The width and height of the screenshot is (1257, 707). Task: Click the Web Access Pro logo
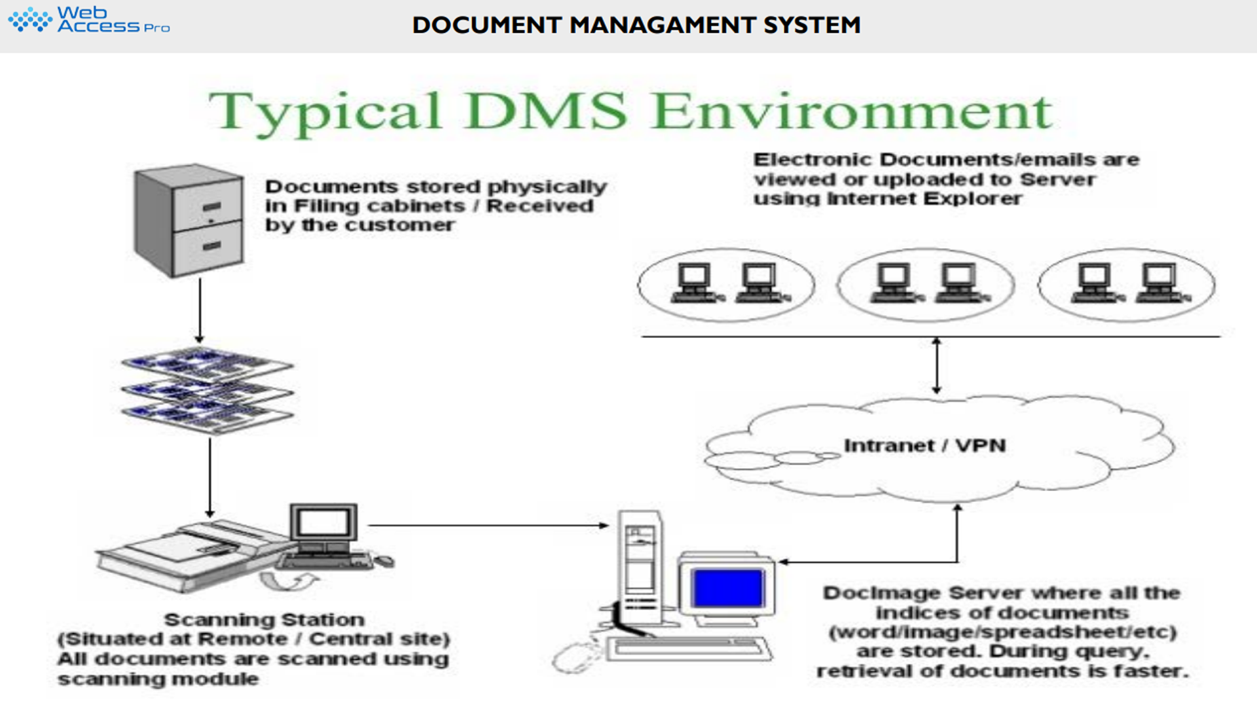pyautogui.click(x=89, y=20)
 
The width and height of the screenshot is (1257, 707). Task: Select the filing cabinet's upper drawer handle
pyautogui.click(x=211, y=207)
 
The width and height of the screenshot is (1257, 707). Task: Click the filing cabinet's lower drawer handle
pyautogui.click(x=211, y=246)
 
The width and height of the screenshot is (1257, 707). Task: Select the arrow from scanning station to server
pyautogui.click(x=488, y=525)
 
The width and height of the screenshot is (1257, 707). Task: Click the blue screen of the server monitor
pyautogui.click(x=727, y=587)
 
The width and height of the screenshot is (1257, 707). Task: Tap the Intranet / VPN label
pyautogui.click(x=924, y=446)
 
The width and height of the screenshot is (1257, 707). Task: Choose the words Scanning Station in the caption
pyautogui.click(x=264, y=619)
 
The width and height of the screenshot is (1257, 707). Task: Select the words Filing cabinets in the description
pyautogui.click(x=379, y=206)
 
